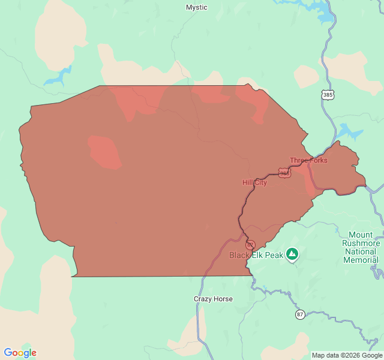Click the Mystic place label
click(x=196, y=7)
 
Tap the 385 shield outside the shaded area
click(x=328, y=95)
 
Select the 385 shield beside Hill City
click(x=284, y=173)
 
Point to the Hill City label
click(x=254, y=182)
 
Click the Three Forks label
click(x=308, y=160)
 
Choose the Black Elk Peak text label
click(x=256, y=255)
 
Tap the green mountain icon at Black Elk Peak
click(x=292, y=254)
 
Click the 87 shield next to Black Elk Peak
click(x=250, y=245)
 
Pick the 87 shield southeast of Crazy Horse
click(x=300, y=314)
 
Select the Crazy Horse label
click(x=213, y=299)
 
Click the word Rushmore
click(x=361, y=244)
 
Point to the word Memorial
click(x=361, y=260)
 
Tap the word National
click(x=361, y=252)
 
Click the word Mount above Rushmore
click(x=361, y=235)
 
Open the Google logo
click(x=20, y=353)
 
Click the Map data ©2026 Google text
click(x=346, y=355)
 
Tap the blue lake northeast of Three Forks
click(x=349, y=131)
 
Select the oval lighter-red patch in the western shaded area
click(x=104, y=151)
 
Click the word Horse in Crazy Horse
click(x=223, y=299)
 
